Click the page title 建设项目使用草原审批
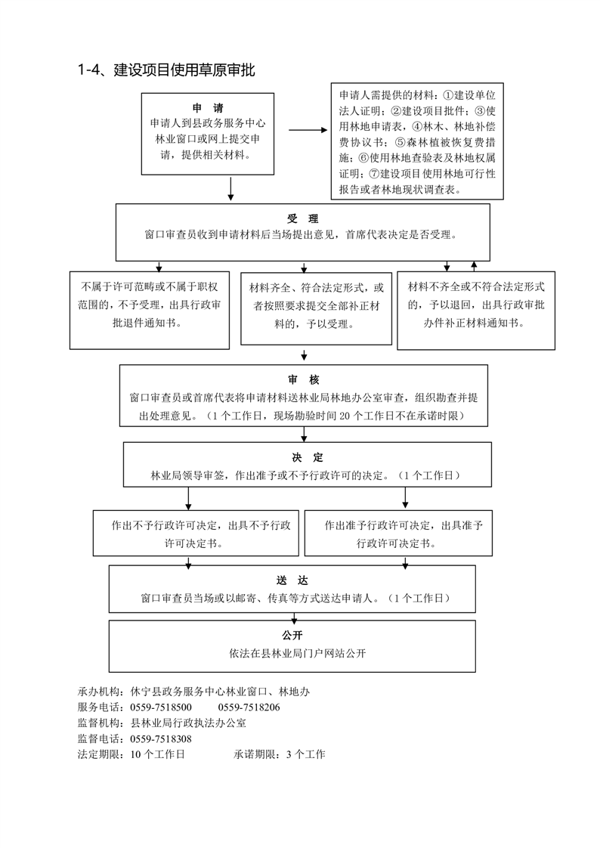pyautogui.click(x=184, y=70)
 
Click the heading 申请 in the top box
pyautogui.click(x=208, y=108)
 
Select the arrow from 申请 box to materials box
pyautogui.click(x=308, y=130)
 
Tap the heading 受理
pyautogui.click(x=303, y=218)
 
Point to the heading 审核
pyautogui.click(x=304, y=379)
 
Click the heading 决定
pyautogui.click(x=307, y=457)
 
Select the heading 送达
pyautogui.click(x=292, y=580)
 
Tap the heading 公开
pyautogui.click(x=292, y=635)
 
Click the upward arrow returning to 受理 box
pyautogui.click(x=474, y=266)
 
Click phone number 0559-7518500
pyautogui.click(x=161, y=707)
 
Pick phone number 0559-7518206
pyautogui.click(x=249, y=707)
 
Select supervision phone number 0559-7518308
pyautogui.click(x=161, y=738)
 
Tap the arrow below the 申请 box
pyautogui.click(x=230, y=189)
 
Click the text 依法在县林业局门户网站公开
pyautogui.click(x=297, y=653)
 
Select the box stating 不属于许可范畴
pyautogui.click(x=150, y=311)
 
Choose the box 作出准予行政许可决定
pyautogui.click(x=398, y=534)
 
